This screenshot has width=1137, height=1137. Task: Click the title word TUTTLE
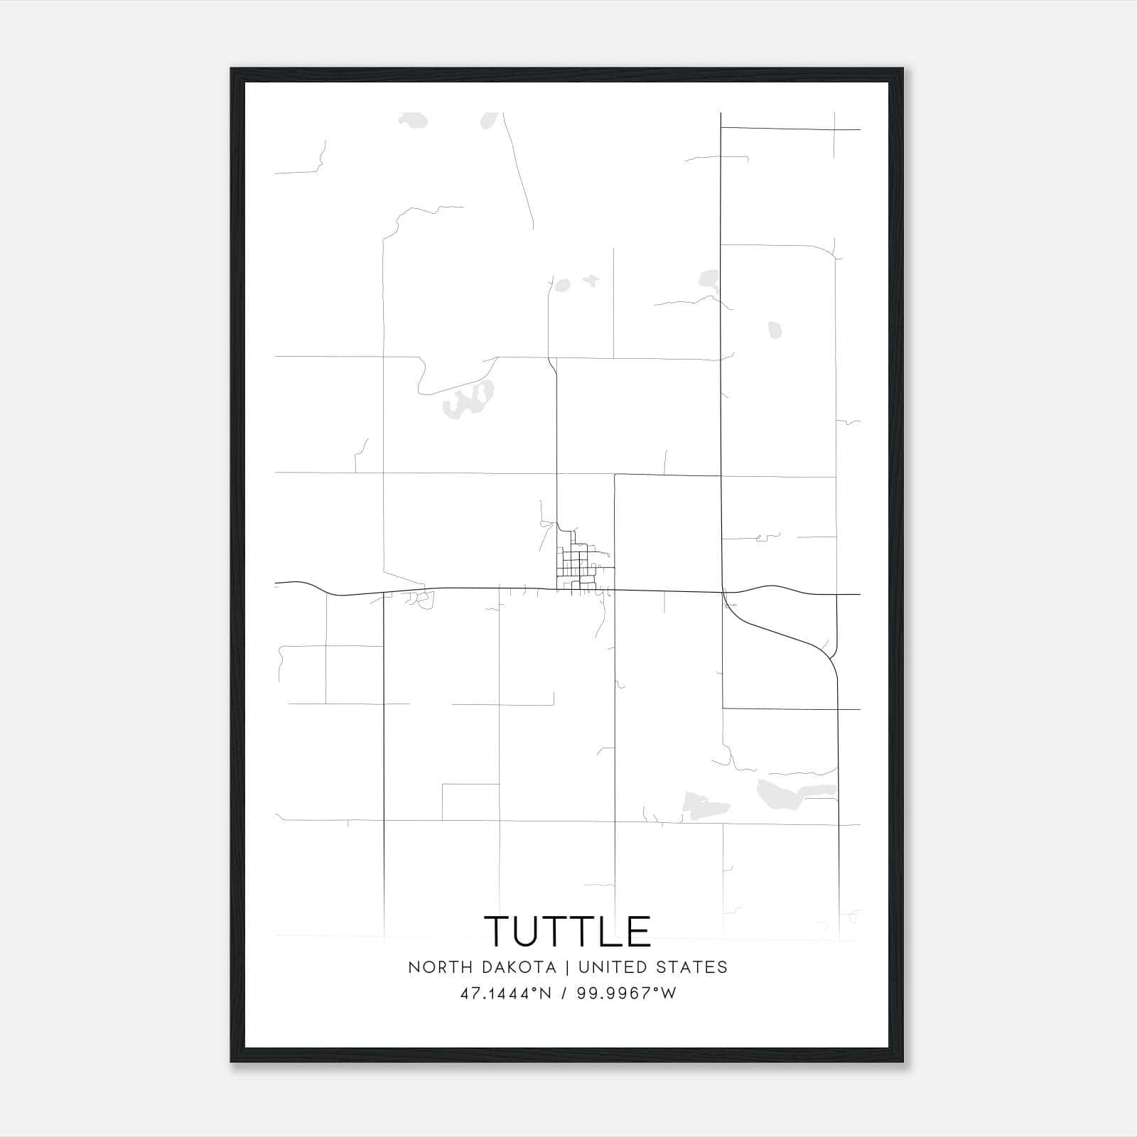point(568,931)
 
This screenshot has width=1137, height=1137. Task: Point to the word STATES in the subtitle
point(695,967)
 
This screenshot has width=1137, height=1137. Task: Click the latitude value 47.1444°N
point(506,993)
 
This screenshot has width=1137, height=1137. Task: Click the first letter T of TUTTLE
point(498,931)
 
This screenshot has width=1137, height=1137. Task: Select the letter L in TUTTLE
point(610,931)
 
